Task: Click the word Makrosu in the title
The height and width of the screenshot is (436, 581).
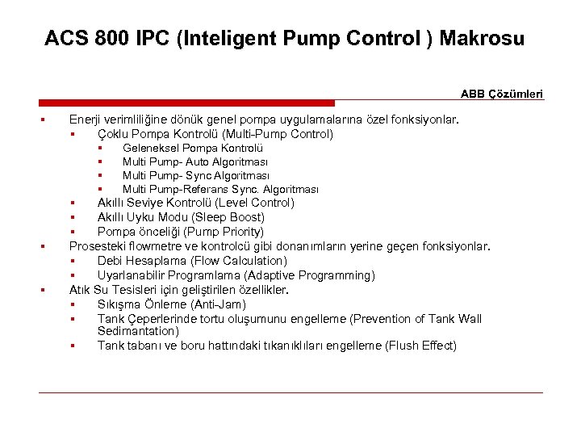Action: coord(482,38)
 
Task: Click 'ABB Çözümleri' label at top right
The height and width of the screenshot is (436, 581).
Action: coord(502,94)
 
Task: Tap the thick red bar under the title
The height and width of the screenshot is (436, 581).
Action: coord(186,103)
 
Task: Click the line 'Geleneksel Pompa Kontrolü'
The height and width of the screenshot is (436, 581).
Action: coord(193,149)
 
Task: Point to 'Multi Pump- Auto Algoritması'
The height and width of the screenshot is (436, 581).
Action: coord(195,162)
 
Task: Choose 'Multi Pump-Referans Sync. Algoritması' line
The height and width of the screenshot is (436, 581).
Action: coord(220,190)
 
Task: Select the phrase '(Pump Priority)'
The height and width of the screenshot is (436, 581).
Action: coord(224,232)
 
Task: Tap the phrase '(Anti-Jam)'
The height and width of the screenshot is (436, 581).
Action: coord(218,304)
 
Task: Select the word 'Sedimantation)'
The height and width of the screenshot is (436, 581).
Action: coord(138,331)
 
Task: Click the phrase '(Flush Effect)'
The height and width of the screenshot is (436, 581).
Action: coord(421,346)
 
